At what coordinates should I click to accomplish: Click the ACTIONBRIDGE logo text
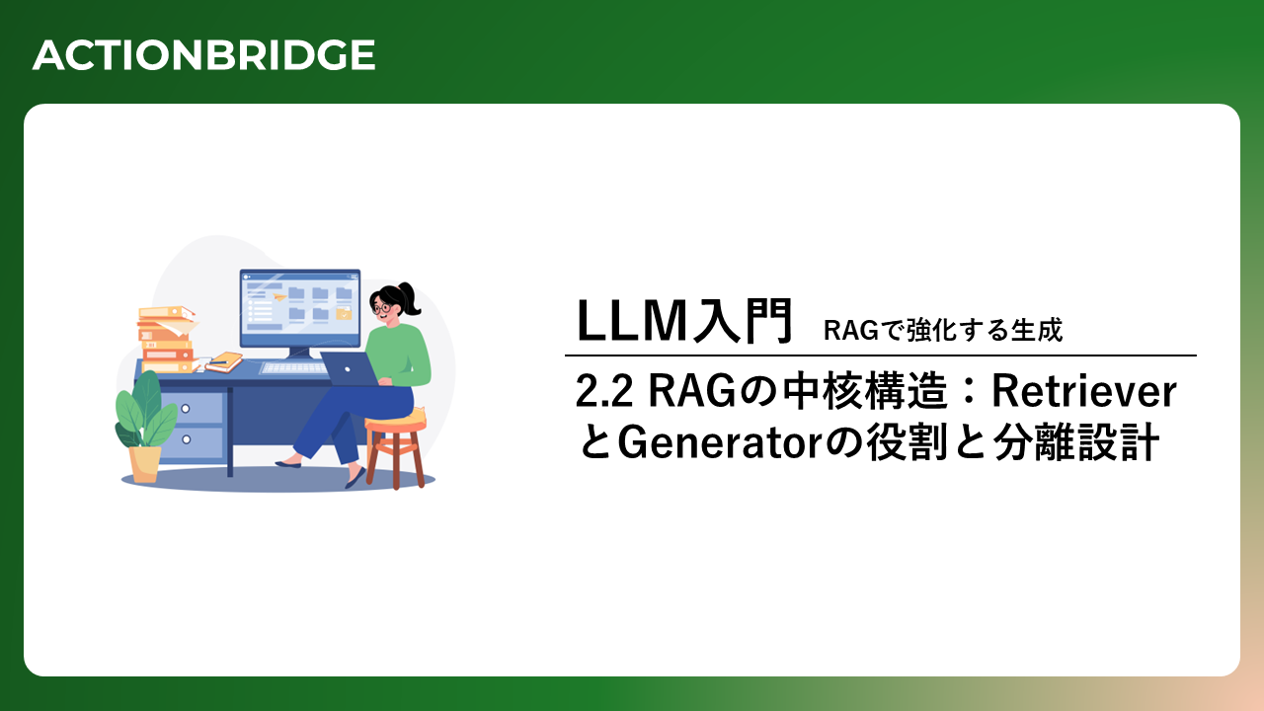[x=203, y=54]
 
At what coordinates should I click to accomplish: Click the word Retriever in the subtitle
[x=1084, y=391]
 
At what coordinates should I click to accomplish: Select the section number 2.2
[x=603, y=392]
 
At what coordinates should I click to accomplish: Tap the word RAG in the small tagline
[x=851, y=331]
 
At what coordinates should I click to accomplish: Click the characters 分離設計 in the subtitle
[x=1076, y=443]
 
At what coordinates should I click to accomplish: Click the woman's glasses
[x=381, y=308]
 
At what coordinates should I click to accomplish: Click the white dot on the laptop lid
[x=348, y=369]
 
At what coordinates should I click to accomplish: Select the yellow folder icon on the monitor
[x=344, y=313]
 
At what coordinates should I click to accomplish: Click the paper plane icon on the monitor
[x=278, y=295]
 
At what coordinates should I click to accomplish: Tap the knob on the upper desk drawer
[x=186, y=409]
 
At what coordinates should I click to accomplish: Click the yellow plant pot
[x=145, y=464]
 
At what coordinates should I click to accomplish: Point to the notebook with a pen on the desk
[x=224, y=361]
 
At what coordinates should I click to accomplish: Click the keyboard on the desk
[x=294, y=368]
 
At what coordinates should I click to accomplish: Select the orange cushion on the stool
[x=396, y=421]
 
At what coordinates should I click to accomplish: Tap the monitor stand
[x=299, y=354]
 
